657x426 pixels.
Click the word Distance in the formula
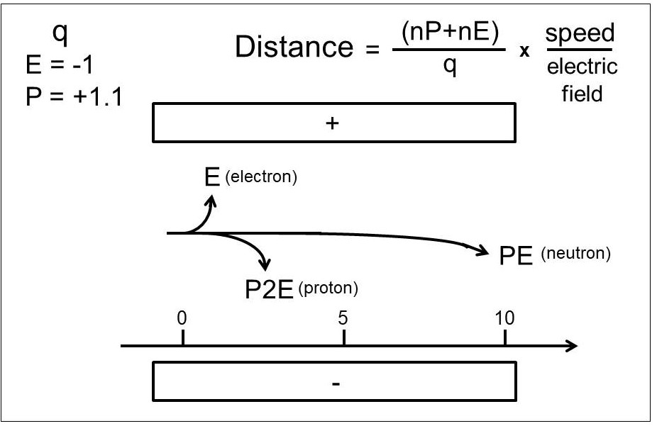(294, 46)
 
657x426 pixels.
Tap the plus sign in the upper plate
(332, 123)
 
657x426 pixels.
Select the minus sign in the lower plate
(336, 383)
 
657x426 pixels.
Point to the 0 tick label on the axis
(182, 318)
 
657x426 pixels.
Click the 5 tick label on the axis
(343, 318)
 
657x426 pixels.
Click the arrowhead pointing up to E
(211, 202)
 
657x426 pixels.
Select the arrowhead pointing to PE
(482, 250)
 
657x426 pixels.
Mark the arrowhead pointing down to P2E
(265, 264)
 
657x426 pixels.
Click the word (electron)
(261, 176)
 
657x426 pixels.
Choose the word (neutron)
(575, 254)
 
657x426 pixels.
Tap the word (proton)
(328, 288)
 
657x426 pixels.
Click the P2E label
(269, 288)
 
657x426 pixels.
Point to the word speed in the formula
(580, 33)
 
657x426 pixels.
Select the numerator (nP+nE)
(450, 32)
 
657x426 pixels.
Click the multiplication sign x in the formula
(524, 50)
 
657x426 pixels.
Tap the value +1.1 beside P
(98, 96)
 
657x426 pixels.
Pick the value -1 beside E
(82, 65)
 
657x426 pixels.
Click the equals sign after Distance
(372, 50)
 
